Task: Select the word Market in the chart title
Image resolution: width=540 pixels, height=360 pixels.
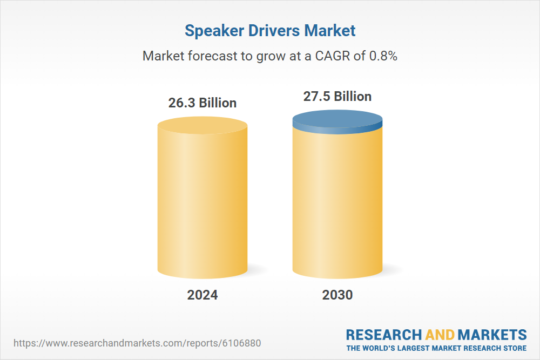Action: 330,31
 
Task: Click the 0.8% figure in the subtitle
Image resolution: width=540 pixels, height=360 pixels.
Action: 383,56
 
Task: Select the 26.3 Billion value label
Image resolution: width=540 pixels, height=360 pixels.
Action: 202,103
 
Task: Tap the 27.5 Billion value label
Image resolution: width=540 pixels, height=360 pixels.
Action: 337,97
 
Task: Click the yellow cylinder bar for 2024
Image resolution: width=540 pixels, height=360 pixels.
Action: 202,200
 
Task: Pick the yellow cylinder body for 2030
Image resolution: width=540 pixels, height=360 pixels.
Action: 337,205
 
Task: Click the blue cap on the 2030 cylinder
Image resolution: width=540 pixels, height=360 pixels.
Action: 337,121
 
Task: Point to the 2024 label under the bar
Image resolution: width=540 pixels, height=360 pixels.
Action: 202,295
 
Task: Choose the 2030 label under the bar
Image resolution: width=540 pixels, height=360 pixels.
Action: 337,295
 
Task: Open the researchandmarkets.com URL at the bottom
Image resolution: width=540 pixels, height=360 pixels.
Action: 139,343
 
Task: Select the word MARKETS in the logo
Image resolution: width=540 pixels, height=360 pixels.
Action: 492,335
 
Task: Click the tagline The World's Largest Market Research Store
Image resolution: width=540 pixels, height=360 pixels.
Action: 436,348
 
